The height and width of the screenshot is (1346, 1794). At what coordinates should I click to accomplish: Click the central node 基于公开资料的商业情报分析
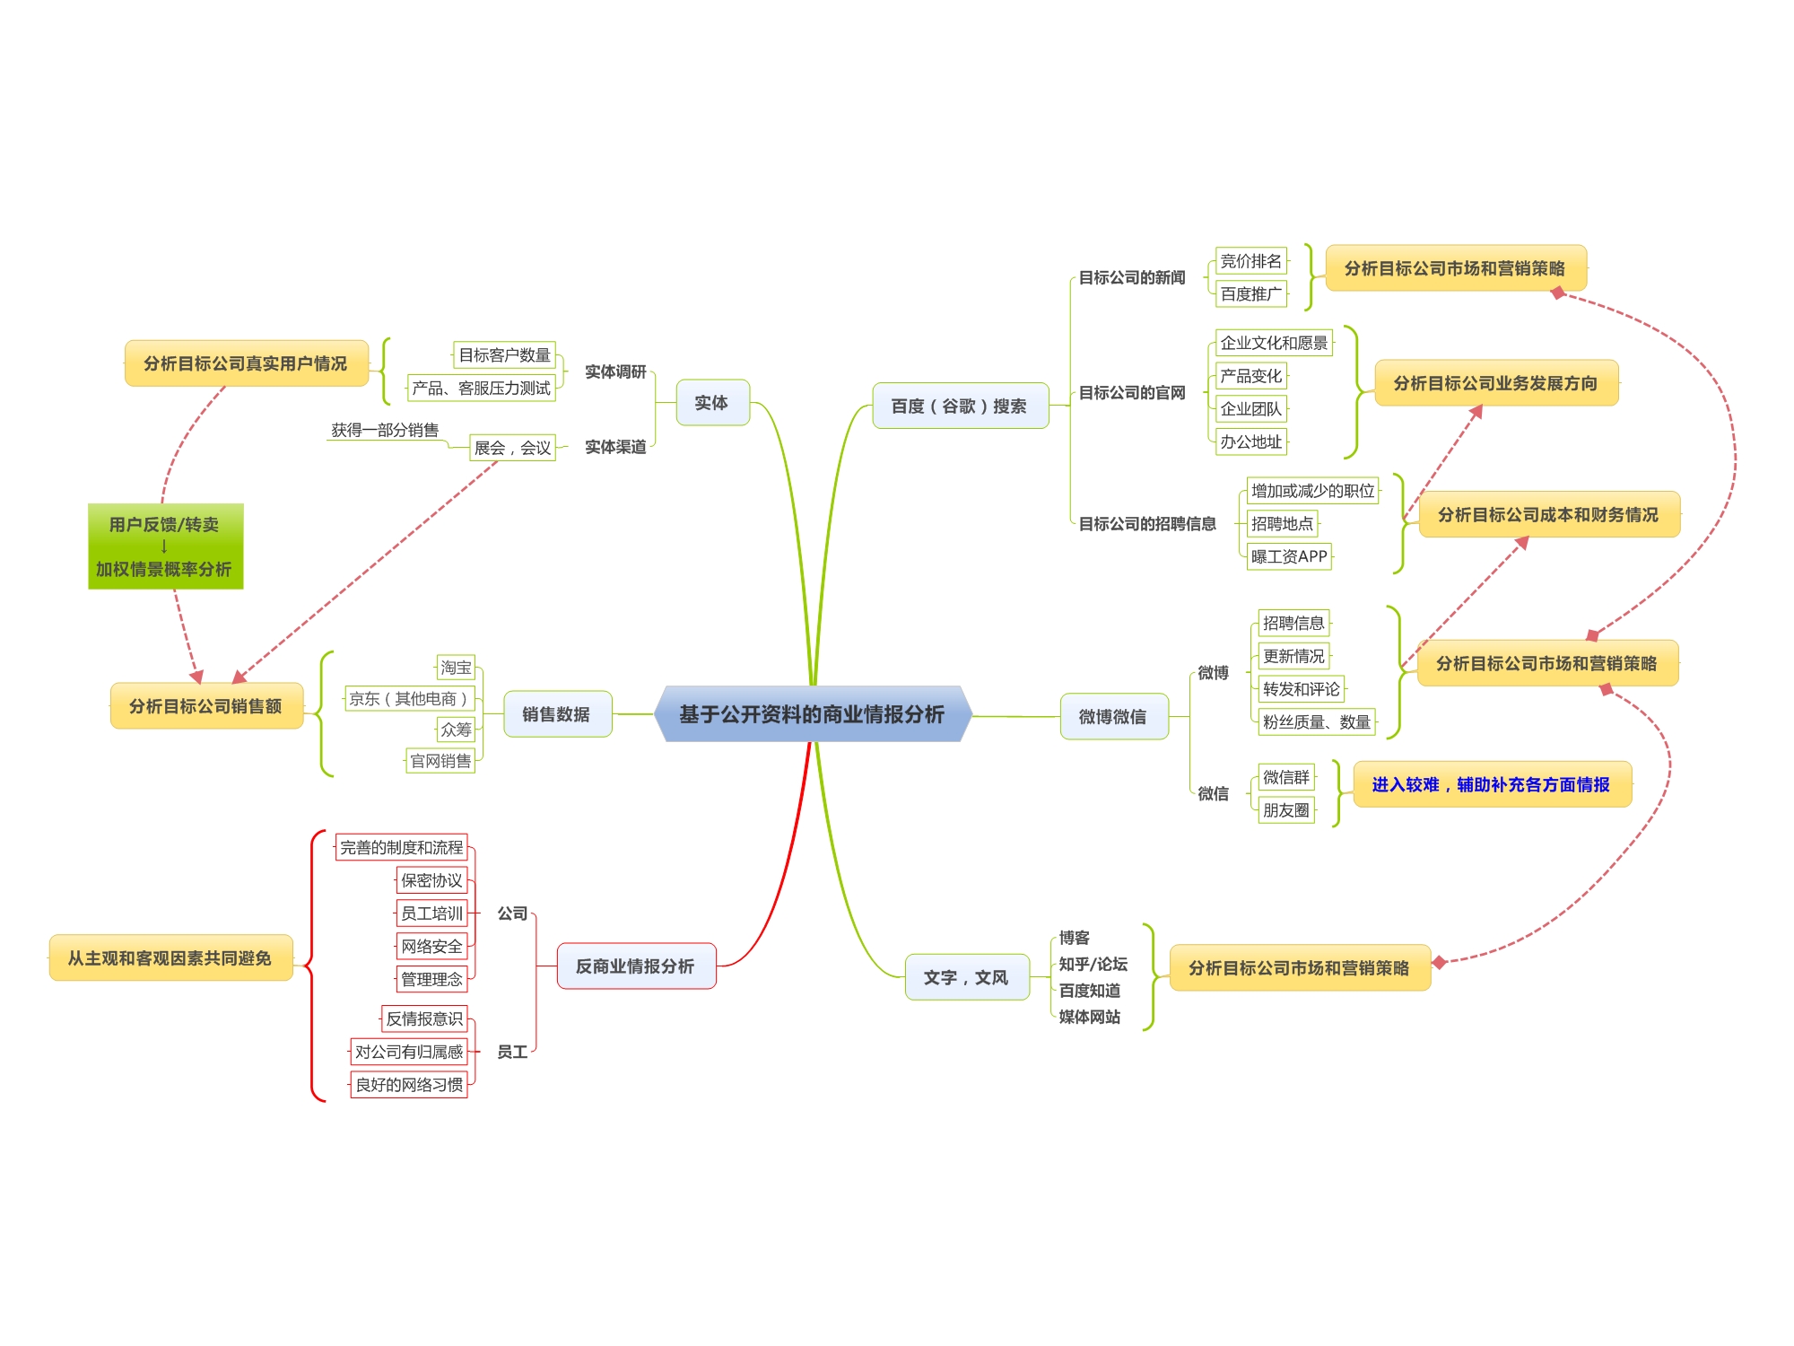[812, 714]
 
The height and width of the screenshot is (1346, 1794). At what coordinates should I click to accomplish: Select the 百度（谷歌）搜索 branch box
[960, 406]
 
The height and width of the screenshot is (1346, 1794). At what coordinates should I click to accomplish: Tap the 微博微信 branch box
[1113, 716]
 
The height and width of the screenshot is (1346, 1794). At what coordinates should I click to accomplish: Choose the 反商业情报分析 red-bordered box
[636, 966]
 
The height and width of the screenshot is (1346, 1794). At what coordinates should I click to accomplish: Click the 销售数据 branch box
[557, 714]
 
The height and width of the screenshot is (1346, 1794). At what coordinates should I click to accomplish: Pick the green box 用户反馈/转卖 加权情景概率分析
[165, 546]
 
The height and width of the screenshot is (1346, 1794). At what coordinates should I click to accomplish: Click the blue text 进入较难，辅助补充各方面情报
[1491, 784]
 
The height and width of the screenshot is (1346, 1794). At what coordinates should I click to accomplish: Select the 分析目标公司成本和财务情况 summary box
[1548, 514]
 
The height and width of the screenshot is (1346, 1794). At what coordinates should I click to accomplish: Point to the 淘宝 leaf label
[456, 668]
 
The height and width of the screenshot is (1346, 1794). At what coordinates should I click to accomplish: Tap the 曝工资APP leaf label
[1289, 556]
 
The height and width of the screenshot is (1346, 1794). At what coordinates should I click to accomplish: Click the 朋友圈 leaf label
[1285, 810]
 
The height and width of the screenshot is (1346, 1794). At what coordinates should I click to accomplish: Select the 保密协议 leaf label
[431, 880]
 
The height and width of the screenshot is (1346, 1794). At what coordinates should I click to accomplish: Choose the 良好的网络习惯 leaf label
[409, 1085]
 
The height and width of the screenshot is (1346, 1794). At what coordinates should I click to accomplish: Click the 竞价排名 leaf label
[1250, 261]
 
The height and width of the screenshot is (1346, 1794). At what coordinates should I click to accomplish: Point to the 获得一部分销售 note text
[385, 430]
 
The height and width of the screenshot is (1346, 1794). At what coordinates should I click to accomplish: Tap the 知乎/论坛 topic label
[1093, 964]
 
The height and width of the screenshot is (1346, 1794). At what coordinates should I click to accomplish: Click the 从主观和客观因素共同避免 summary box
[170, 958]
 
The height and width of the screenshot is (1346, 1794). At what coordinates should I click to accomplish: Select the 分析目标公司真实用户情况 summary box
[246, 363]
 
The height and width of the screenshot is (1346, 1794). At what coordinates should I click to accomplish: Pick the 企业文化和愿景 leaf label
[1273, 343]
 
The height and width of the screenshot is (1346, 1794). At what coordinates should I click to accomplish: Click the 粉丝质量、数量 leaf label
[1316, 722]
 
